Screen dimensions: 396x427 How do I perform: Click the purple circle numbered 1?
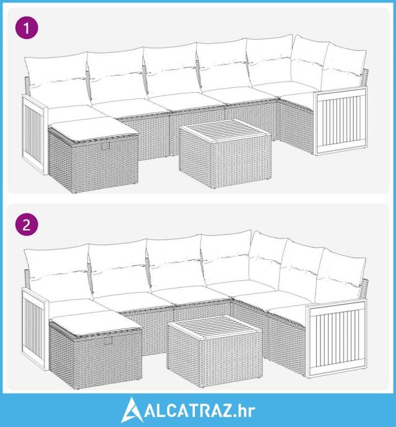click(27, 28)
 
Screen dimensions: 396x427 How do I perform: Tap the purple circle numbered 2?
click(27, 225)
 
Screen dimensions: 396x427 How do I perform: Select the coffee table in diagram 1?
click(225, 153)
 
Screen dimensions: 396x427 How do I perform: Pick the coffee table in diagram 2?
click(215, 351)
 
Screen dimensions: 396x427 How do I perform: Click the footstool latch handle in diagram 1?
click(105, 146)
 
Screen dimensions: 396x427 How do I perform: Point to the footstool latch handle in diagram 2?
click(108, 341)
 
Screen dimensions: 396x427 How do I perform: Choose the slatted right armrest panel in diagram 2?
click(336, 338)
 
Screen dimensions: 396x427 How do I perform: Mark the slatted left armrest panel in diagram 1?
click(35, 134)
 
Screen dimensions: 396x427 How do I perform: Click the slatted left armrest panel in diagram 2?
click(35, 329)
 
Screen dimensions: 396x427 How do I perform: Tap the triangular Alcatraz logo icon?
click(132, 410)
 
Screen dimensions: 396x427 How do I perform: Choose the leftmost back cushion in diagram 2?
click(59, 273)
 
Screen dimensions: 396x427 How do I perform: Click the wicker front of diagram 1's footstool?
click(105, 163)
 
